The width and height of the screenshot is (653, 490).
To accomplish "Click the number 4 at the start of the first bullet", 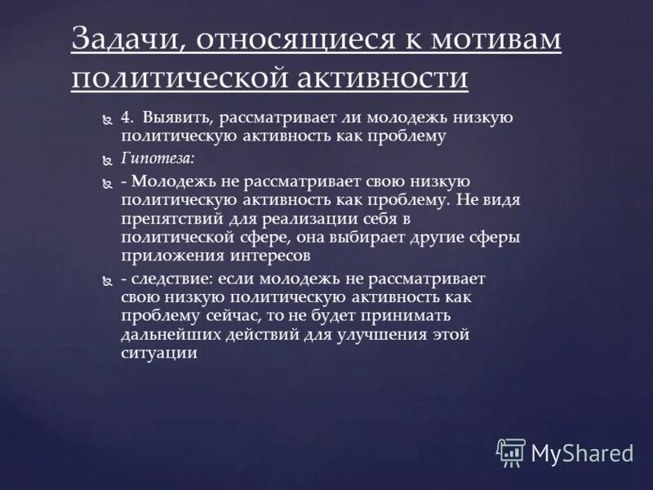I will click(125, 118).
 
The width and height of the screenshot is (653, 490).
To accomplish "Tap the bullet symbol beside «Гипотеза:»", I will click(105, 159).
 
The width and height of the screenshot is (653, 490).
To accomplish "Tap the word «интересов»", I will click(262, 256).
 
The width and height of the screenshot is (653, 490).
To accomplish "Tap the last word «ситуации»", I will click(159, 353).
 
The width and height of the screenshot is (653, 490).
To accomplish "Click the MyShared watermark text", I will click(582, 452).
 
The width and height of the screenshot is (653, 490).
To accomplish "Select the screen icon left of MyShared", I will click(511, 452).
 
